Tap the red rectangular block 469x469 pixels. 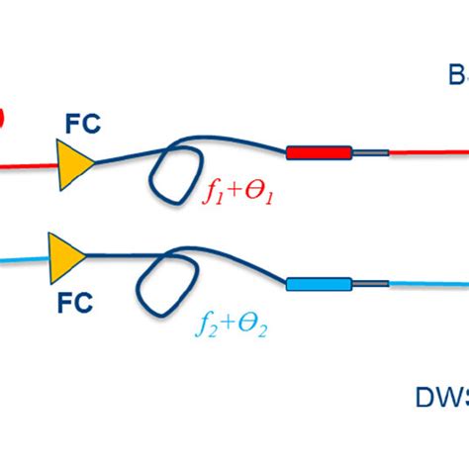point(319,153)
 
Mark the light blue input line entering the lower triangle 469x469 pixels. point(22,260)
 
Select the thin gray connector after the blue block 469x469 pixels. point(368,285)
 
